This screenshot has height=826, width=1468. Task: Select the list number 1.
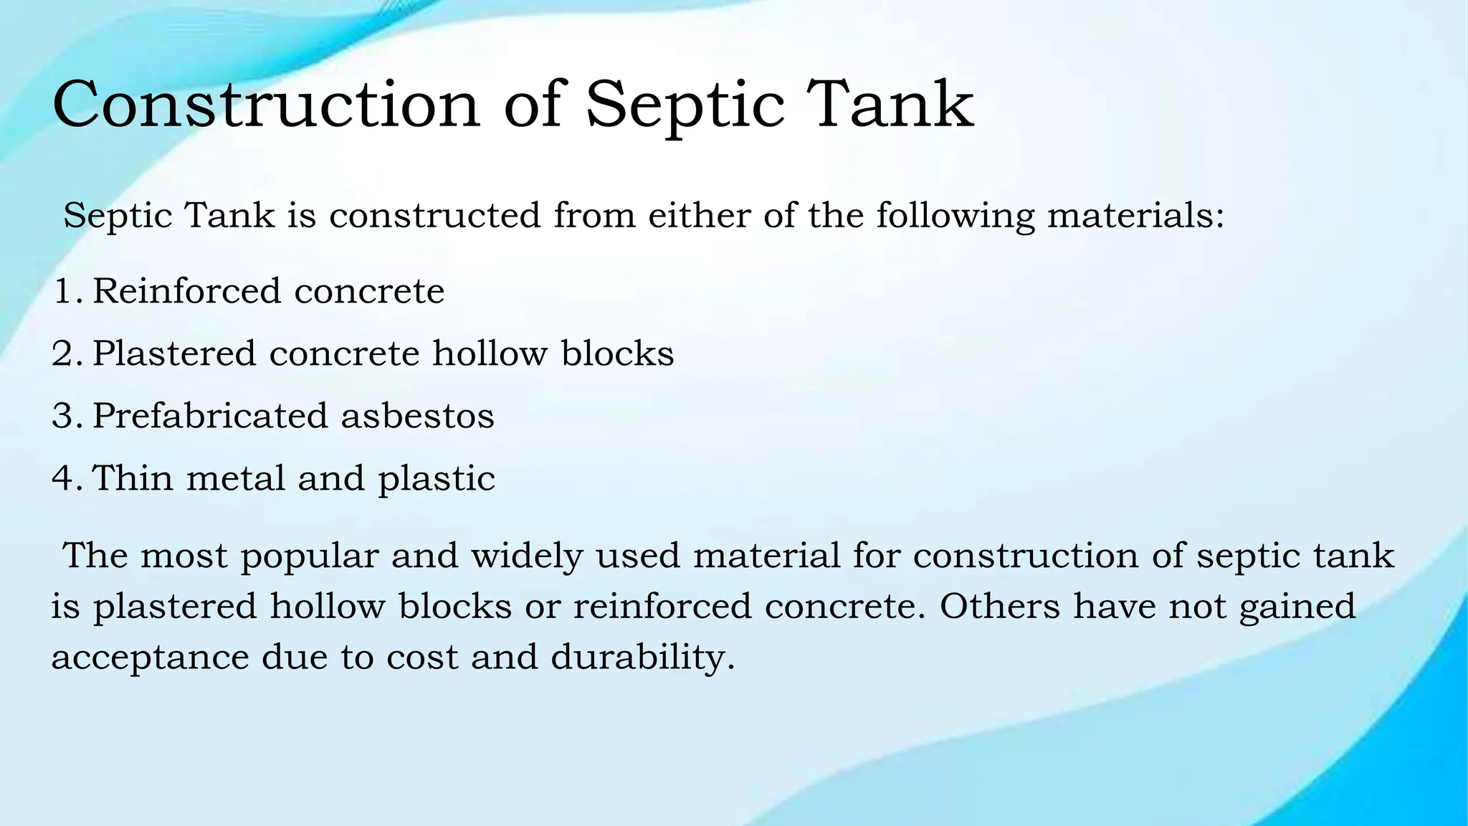(65, 291)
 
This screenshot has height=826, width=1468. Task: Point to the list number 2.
(65, 353)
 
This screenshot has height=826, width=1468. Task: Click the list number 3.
(65, 416)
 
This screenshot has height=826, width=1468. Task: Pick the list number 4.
(65, 478)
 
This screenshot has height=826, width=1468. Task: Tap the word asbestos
(417, 416)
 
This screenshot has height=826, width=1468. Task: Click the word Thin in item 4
(133, 478)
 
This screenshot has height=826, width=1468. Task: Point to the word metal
(236, 478)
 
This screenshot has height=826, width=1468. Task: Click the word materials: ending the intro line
(1136, 215)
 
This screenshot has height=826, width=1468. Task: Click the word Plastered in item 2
(174, 353)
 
